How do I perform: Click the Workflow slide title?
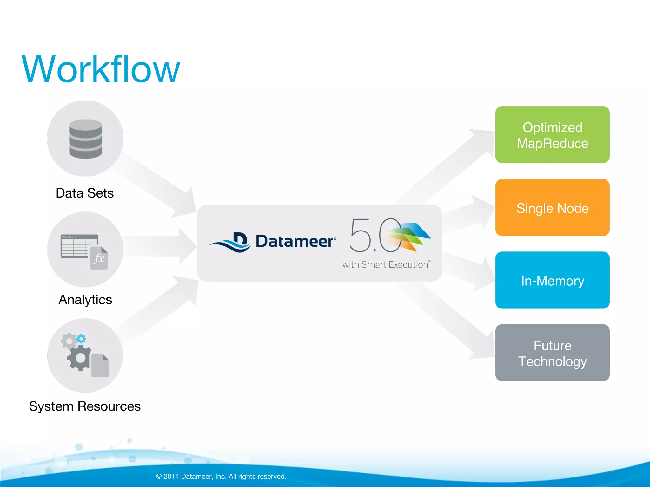click(101, 69)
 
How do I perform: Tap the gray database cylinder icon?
click(85, 139)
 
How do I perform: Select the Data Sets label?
click(84, 193)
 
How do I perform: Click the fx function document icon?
click(99, 258)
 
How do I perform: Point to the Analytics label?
click(85, 300)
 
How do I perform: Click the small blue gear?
click(81, 339)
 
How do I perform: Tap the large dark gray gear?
click(80, 358)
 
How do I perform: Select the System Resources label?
click(84, 406)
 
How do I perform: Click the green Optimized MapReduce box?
click(552, 135)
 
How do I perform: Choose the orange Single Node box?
click(552, 208)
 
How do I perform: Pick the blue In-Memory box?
click(552, 280)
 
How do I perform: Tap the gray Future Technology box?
click(552, 353)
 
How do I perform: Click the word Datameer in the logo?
click(294, 241)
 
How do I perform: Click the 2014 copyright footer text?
click(221, 476)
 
